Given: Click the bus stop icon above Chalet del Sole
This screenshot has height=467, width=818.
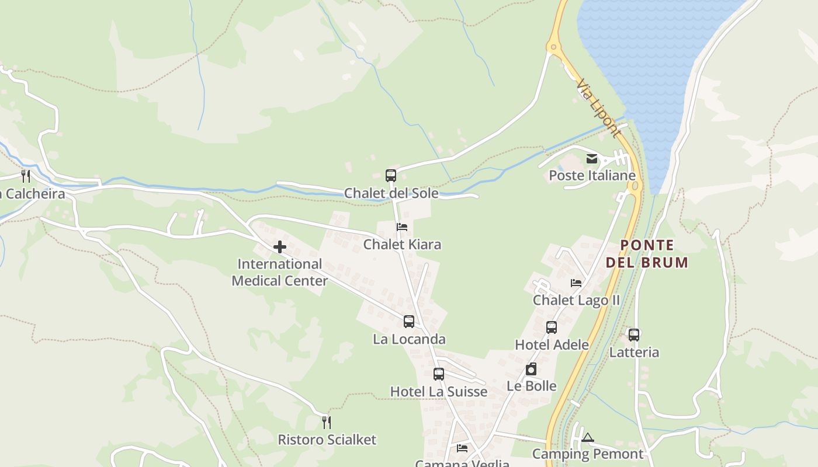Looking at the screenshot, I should (390, 175).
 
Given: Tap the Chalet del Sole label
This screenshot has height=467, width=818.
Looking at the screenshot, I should (391, 193).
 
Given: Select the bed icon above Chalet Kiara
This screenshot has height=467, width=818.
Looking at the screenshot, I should (401, 227).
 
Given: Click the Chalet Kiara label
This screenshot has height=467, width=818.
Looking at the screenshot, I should (402, 244).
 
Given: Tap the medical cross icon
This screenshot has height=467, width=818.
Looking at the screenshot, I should (280, 247).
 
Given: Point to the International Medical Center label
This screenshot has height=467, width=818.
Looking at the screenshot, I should (280, 273).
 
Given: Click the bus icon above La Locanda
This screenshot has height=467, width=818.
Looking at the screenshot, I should (409, 322).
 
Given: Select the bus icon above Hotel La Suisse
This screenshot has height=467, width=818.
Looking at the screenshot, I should (439, 374).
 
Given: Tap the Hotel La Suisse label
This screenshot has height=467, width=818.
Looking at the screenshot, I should (438, 392).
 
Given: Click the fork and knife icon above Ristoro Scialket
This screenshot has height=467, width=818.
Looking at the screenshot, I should (327, 422).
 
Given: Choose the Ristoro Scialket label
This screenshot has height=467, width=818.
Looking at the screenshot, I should (327, 440).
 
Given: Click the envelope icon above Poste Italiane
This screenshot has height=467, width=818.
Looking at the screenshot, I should (592, 159).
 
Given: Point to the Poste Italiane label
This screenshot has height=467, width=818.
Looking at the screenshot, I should (592, 176).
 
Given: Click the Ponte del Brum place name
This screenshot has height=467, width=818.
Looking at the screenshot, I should (647, 254).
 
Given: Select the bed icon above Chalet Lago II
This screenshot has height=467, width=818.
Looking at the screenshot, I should (576, 283).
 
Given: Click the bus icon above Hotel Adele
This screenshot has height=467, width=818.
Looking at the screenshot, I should (552, 327).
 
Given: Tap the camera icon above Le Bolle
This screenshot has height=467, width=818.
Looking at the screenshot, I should (531, 369).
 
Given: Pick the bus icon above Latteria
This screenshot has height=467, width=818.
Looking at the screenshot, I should (634, 335).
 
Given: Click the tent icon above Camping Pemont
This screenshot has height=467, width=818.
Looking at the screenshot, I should (588, 437).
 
